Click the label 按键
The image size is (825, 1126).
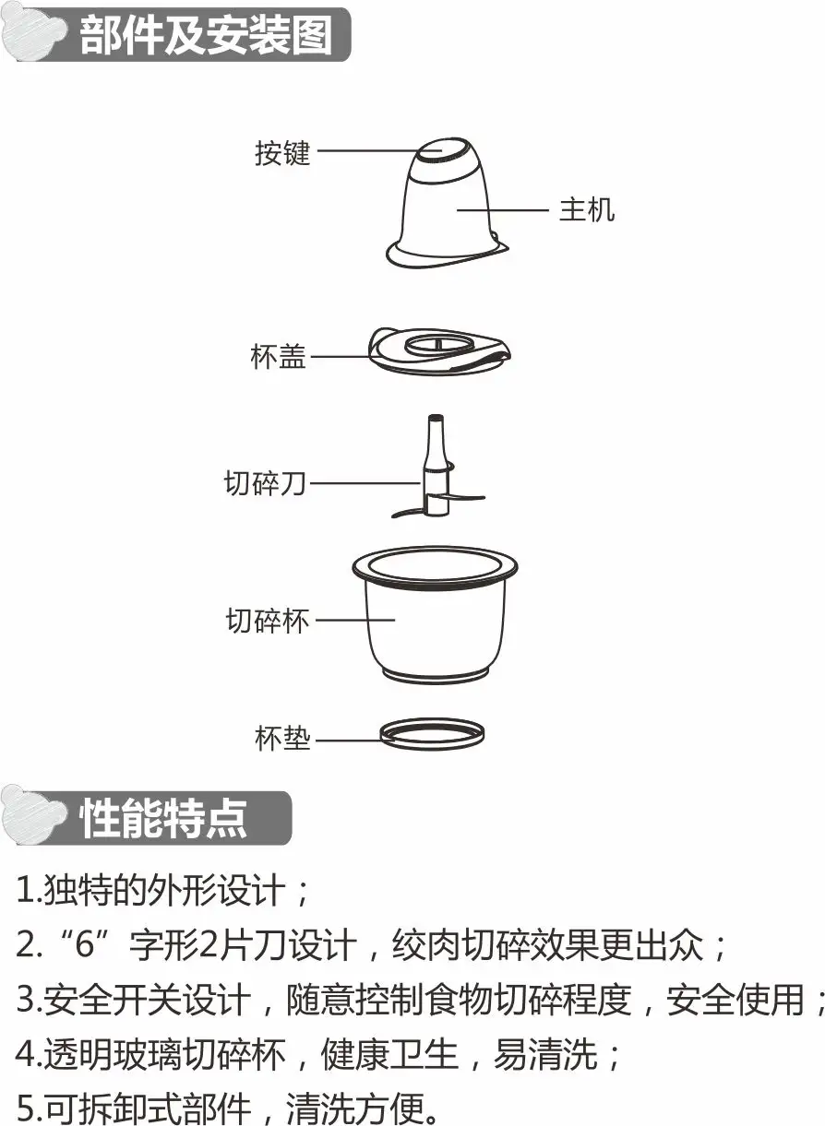(282, 152)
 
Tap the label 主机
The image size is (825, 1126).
(587, 209)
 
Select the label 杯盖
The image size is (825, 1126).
(278, 356)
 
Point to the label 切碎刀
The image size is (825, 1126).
(265, 483)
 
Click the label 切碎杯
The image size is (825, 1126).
(267, 621)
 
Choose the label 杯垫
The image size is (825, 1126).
(282, 739)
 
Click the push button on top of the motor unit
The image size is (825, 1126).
(442, 150)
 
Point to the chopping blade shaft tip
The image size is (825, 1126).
(436, 418)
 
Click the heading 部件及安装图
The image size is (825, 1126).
(207, 35)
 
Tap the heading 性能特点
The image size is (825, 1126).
(163, 818)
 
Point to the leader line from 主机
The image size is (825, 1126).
(503, 209)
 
